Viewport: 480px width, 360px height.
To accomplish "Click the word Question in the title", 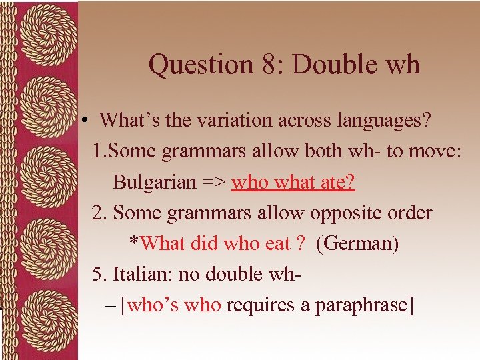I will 199,65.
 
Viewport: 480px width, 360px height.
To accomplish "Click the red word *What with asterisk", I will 155,243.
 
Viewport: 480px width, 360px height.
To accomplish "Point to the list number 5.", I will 100,274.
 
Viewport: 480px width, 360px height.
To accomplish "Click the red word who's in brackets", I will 153,305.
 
